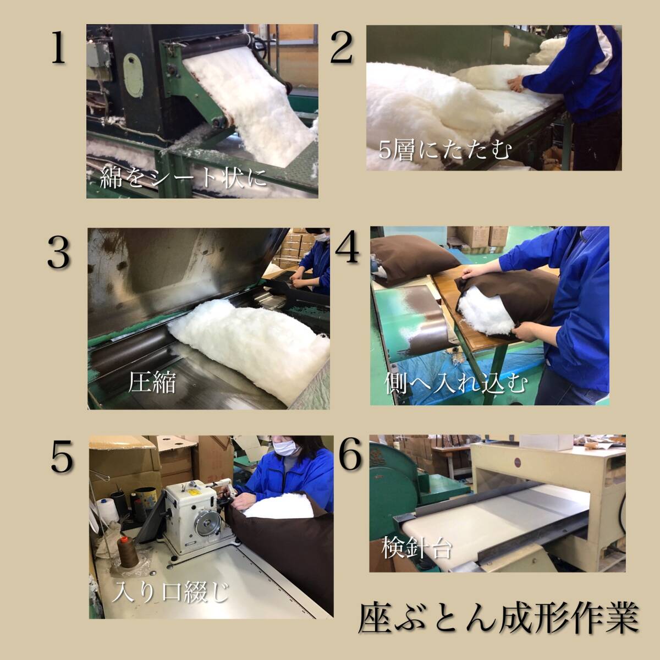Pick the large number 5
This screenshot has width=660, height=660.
click(62, 456)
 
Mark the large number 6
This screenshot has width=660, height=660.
click(350, 454)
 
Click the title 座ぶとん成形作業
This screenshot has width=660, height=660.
click(499, 619)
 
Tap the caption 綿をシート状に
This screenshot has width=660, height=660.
click(183, 178)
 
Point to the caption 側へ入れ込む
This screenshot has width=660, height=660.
click(456, 383)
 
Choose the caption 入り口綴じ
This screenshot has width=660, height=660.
click(169, 592)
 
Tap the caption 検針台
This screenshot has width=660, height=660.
click(416, 547)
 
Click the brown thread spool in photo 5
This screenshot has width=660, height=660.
click(128, 553)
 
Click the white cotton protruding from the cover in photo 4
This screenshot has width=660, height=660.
click(486, 315)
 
